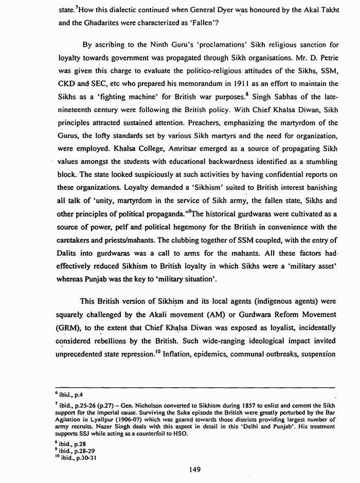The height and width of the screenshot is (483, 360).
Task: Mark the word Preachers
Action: [x=211, y=123]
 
